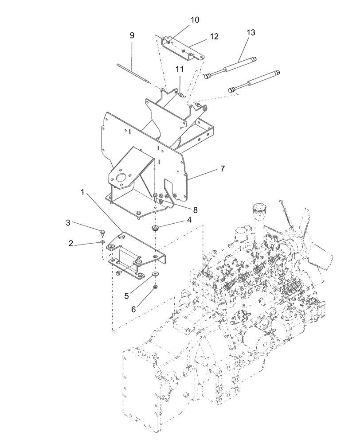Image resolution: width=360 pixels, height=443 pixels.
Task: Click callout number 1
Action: pyautogui.click(x=82, y=192)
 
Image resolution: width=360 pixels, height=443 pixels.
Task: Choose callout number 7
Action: pyautogui.click(x=222, y=169)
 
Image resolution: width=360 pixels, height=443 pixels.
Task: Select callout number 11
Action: pyautogui.click(x=179, y=69)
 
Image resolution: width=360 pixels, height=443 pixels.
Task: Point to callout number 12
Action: pyautogui.click(x=214, y=37)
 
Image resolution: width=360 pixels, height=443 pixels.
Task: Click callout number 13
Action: pyautogui.click(x=251, y=33)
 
